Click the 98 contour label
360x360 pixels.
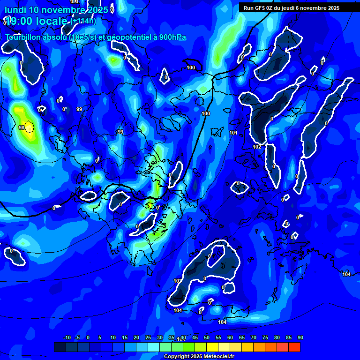(x=22, y=127)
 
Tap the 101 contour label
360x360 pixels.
(x=233, y=133)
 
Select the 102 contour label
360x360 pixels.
(x=257, y=147)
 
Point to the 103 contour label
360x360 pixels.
(x=178, y=281)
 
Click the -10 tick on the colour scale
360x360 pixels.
(x=67, y=337)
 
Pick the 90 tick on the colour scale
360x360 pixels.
(x=300, y=337)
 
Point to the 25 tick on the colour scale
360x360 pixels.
(x=148, y=337)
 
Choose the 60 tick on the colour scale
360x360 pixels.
(x=230, y=337)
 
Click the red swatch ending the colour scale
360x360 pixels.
(x=294, y=347)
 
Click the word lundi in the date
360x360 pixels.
(x=15, y=10)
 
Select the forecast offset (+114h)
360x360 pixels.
(x=83, y=21)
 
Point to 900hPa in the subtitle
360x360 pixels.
(x=172, y=37)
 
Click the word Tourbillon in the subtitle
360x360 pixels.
(x=23, y=37)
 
